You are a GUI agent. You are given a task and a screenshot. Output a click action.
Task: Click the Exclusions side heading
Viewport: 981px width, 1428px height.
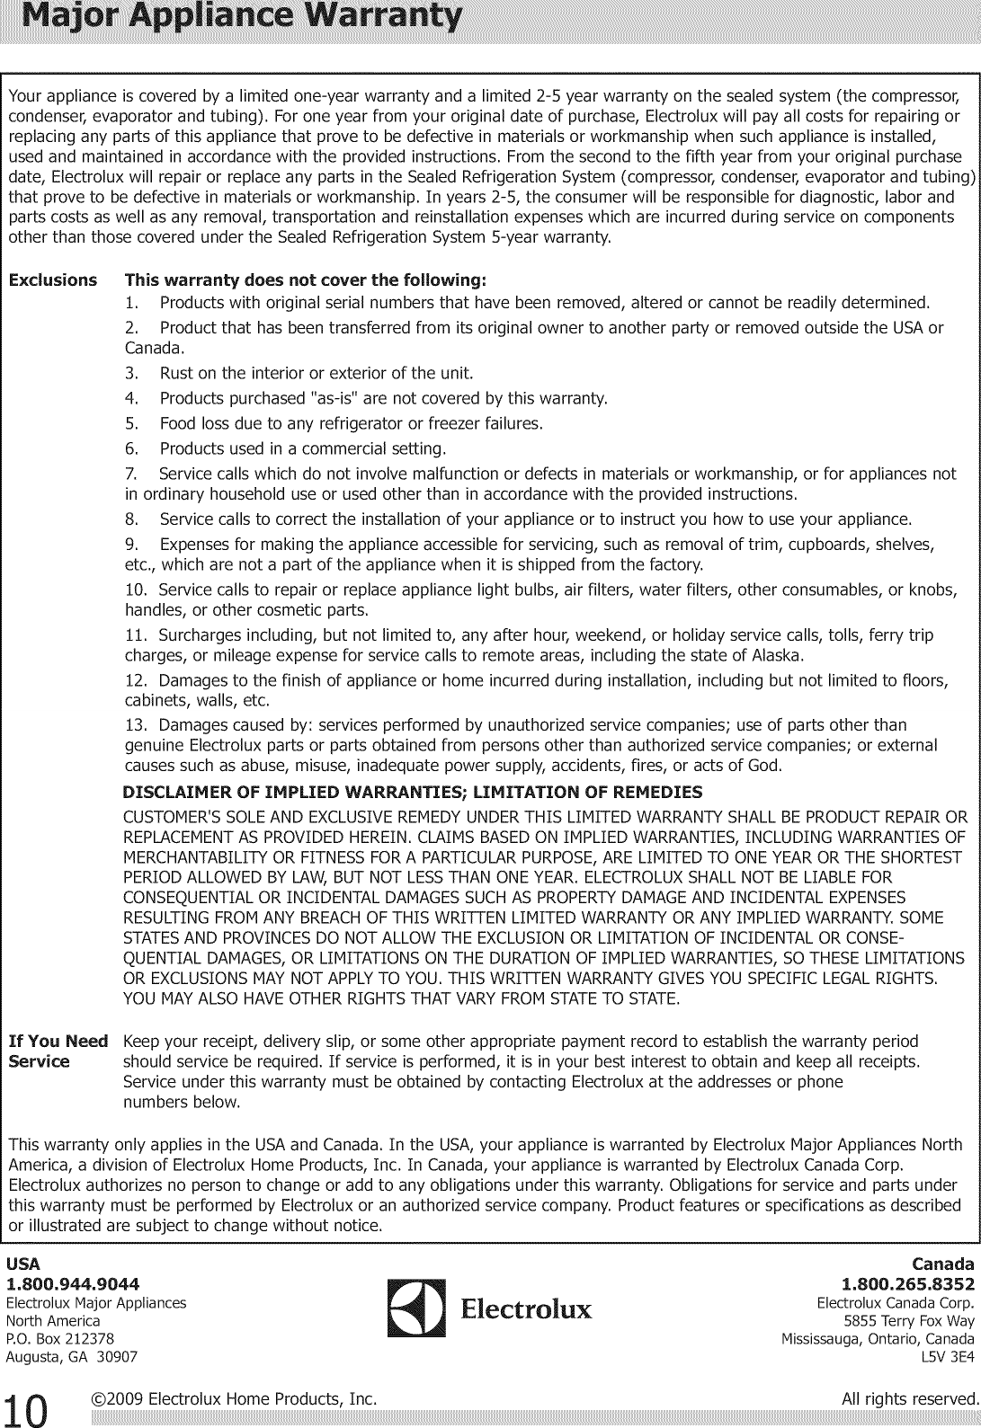(x=52, y=279)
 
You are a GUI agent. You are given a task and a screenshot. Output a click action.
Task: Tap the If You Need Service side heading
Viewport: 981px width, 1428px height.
(x=58, y=1051)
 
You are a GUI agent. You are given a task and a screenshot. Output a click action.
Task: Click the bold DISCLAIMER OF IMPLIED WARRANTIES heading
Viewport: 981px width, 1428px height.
(x=412, y=792)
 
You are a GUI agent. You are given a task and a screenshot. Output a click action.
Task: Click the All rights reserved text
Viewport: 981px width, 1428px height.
(x=909, y=1398)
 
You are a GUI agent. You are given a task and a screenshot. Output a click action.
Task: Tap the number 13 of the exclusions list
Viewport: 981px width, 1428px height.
(x=135, y=725)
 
